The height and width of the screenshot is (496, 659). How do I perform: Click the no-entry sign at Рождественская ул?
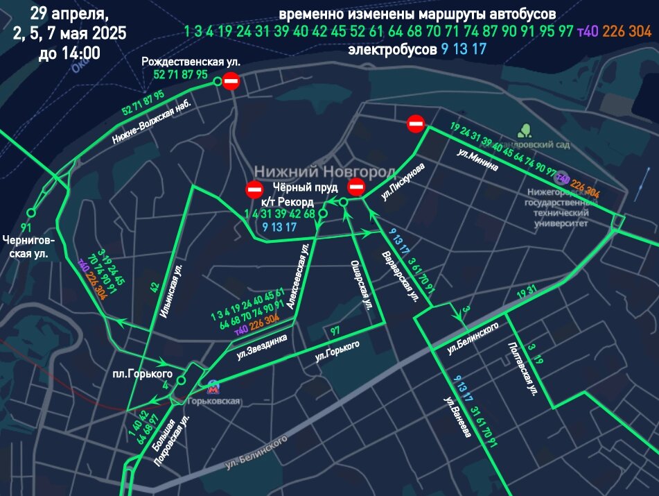(x=231, y=82)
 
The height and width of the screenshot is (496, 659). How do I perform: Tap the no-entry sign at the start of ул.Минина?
(x=416, y=124)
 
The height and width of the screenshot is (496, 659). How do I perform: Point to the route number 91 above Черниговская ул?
(x=26, y=228)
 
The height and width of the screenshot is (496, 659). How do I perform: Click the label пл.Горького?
(x=132, y=375)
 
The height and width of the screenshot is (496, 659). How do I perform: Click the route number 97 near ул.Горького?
(x=335, y=331)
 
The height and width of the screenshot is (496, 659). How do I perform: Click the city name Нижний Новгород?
(x=324, y=171)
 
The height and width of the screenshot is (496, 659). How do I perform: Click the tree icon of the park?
(x=525, y=130)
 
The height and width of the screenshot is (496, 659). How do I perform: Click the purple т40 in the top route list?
(x=588, y=31)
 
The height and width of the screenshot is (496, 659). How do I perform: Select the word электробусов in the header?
(x=392, y=50)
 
